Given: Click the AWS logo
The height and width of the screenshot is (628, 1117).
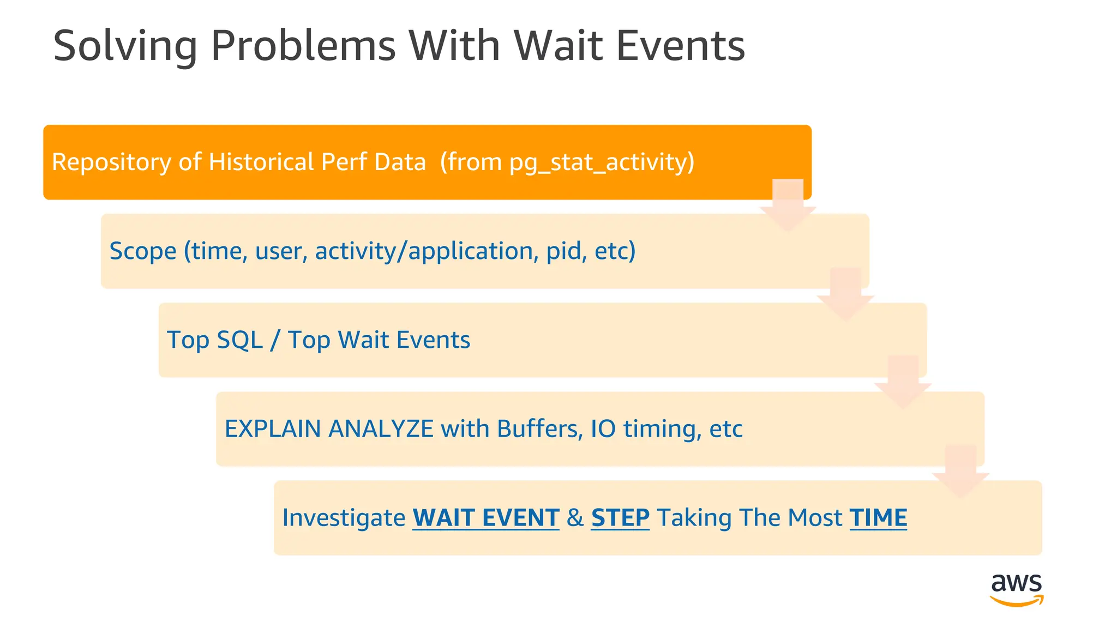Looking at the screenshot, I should coord(1016,589).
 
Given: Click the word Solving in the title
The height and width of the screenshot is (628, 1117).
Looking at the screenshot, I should coord(125,46).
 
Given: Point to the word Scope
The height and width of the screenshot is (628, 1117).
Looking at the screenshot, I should coord(143,251).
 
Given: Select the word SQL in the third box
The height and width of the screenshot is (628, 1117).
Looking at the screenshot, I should coord(239,340).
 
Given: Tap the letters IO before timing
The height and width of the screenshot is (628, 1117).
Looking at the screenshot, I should coord(603,429).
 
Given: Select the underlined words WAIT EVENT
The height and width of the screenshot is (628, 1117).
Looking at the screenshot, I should coord(485,518).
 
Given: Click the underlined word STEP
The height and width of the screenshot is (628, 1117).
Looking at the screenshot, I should coord(620,518).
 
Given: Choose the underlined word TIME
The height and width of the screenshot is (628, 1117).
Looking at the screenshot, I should coord(878,518).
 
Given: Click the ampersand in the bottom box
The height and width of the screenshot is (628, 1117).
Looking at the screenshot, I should coord(575,518).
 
